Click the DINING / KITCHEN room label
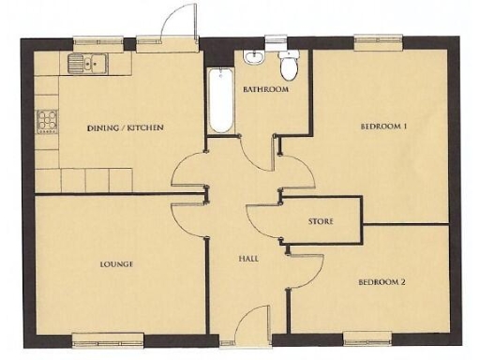[x=126, y=127]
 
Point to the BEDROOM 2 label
[x=382, y=280]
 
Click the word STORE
[x=322, y=221]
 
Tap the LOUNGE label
[x=116, y=264]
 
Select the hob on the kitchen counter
[x=47, y=120]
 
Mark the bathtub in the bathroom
[x=221, y=101]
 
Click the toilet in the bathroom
[x=289, y=66]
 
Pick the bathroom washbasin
[x=254, y=59]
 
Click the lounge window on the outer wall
[x=108, y=338]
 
